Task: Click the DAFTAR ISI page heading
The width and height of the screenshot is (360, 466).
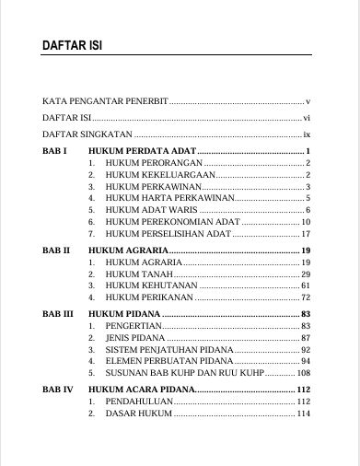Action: click(72, 48)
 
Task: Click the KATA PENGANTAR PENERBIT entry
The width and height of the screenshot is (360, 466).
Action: click(105, 100)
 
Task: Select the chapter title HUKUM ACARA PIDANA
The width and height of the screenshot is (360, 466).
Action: click(148, 390)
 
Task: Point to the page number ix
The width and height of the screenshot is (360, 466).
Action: click(308, 134)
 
